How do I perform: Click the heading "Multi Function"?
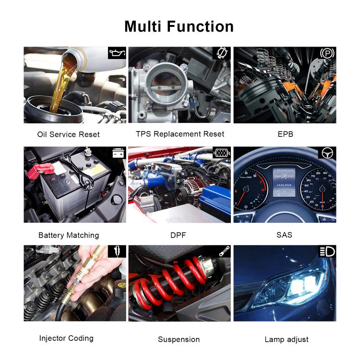coord(179,26)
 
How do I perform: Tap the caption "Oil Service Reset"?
coord(68,134)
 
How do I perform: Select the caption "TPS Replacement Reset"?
coord(180,134)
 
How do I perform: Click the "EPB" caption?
coord(285,134)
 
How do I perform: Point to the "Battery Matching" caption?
coord(68,235)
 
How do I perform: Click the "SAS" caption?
coord(284,235)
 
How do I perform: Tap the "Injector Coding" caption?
coord(66,338)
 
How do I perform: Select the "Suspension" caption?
coord(179,339)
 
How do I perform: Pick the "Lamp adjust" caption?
coord(287,339)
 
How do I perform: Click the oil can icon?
coord(117,53)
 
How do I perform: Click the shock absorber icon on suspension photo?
coord(222,252)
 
